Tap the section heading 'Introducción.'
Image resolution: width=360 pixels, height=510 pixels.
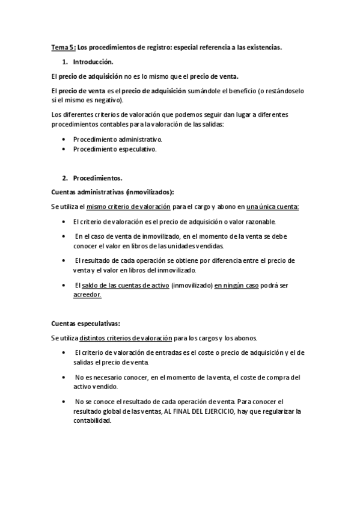point(93,62)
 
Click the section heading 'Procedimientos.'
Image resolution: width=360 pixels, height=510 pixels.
point(97,178)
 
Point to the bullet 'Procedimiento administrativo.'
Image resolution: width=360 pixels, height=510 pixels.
point(118,139)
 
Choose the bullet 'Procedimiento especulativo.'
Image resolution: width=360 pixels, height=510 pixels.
point(115,149)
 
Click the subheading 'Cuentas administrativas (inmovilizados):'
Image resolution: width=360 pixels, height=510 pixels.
point(112,192)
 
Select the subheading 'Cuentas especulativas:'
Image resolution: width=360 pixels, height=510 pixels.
point(86,322)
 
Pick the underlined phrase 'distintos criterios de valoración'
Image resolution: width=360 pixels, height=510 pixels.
point(125,337)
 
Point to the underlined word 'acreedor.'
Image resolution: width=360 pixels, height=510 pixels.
point(87,295)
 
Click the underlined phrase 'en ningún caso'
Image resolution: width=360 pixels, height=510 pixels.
point(236,285)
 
